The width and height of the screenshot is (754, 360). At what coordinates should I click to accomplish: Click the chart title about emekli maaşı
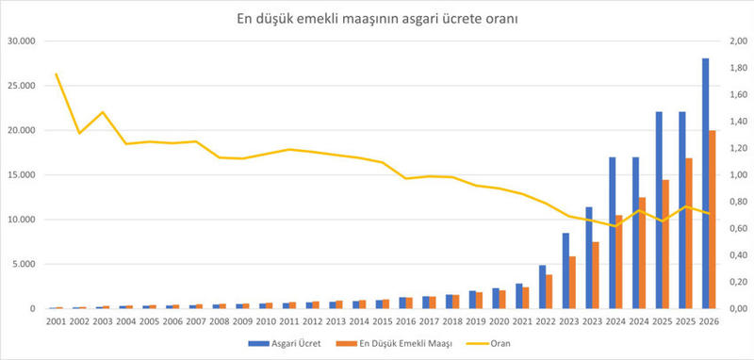tap(376, 19)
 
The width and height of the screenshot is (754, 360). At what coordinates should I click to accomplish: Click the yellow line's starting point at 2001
tap(57, 74)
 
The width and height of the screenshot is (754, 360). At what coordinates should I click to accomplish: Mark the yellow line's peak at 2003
tap(103, 112)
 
